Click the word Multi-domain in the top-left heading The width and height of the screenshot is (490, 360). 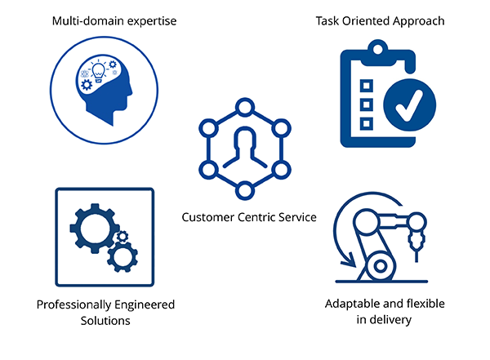click(88, 21)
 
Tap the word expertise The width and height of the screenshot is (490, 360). click(152, 22)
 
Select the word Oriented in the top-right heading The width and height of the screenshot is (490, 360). click(366, 21)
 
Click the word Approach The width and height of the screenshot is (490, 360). click(418, 22)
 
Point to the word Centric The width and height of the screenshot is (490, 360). click(256, 217)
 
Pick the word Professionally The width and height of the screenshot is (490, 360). click(73, 304)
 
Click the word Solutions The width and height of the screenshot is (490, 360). click(105, 321)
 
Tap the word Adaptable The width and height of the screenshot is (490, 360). click(351, 304)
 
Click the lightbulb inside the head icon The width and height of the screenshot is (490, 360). click(99, 72)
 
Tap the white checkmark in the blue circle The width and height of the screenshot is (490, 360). click(409, 105)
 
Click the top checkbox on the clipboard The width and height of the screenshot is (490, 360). click(367, 86)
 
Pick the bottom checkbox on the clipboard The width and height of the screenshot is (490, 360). click(367, 123)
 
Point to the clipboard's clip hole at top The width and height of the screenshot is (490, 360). click(378, 49)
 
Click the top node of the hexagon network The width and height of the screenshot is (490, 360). click(245, 107)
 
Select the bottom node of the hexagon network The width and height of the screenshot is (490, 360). click(245, 190)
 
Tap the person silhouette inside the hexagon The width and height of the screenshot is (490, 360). click(245, 147)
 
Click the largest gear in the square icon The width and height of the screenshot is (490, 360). click(94, 229)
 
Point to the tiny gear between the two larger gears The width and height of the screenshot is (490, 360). click(122, 237)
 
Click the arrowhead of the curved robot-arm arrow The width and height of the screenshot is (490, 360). click(350, 261)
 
